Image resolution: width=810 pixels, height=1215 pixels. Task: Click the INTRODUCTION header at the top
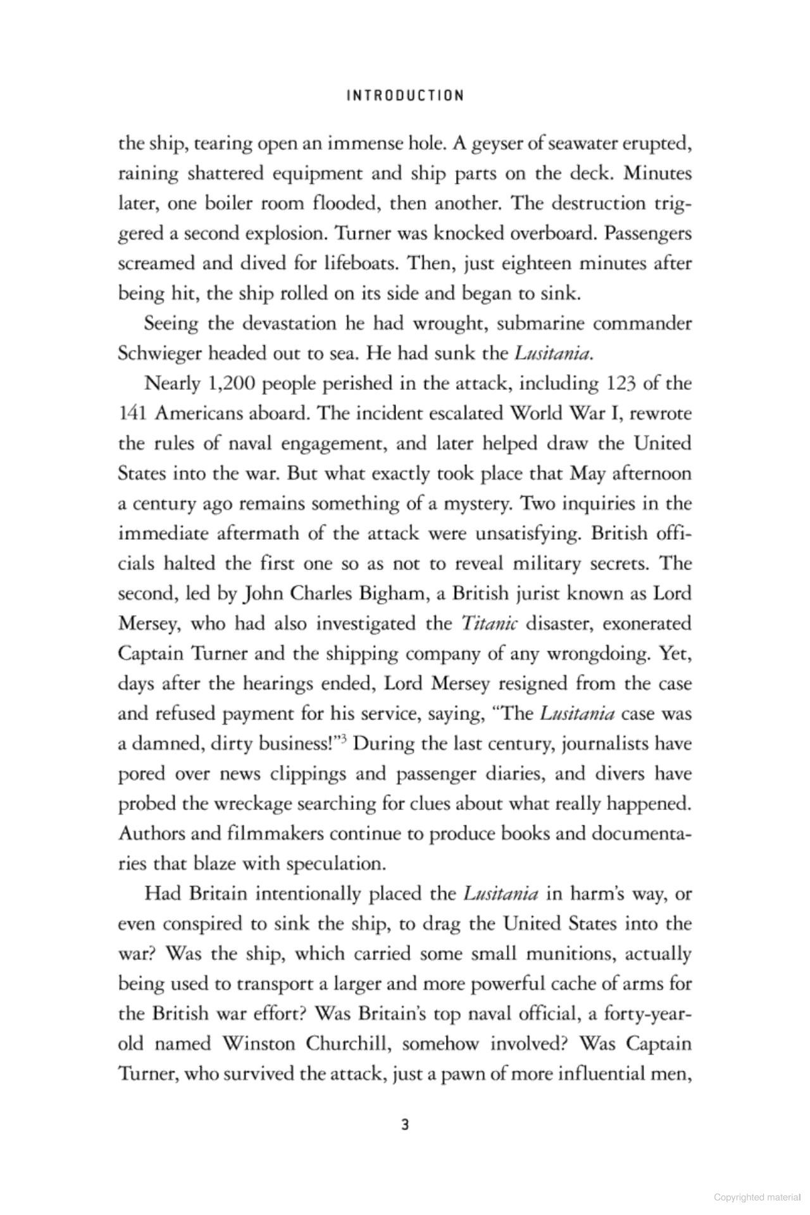pos(405,96)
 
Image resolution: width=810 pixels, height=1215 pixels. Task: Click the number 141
pos(133,413)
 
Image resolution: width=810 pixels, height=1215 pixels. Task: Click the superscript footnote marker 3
pos(347,738)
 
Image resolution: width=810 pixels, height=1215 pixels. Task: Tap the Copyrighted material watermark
pos(757,1197)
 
